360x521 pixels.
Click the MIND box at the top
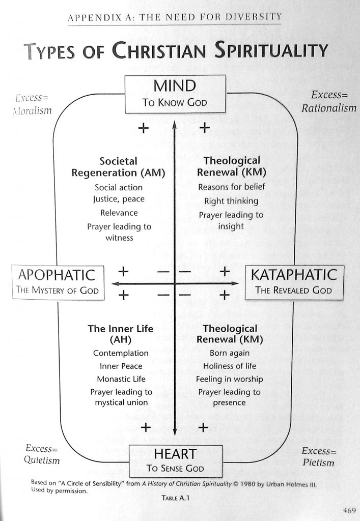[x=175, y=94]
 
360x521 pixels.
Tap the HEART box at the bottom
[x=175, y=460]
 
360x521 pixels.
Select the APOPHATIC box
[x=58, y=282]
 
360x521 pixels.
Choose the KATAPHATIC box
[x=294, y=282]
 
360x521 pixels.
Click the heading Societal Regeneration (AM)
[x=119, y=167]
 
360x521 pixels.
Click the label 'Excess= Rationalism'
[x=328, y=101]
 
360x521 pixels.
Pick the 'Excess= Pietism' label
[x=318, y=456]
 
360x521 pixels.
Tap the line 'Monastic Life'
[x=121, y=379]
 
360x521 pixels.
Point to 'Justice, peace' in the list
[x=119, y=199]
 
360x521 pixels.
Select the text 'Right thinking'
[x=231, y=201]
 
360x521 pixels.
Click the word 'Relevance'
[x=119, y=213]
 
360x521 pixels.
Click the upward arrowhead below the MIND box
[x=175, y=124]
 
